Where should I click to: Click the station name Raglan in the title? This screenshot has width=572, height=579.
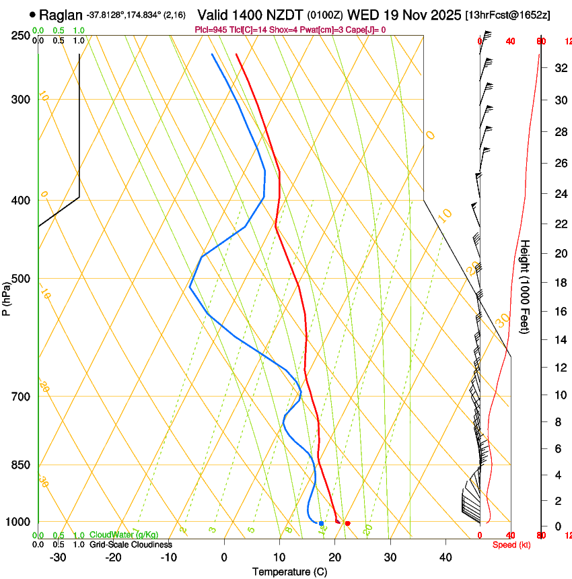click(61, 14)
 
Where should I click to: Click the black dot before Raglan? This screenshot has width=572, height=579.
click(32, 14)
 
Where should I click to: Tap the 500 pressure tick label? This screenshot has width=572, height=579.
click(21, 279)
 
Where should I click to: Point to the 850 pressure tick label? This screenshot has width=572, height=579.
click(21, 465)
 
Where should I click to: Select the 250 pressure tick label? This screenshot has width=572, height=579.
click(21, 36)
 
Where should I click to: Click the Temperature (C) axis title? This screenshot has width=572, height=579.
click(289, 572)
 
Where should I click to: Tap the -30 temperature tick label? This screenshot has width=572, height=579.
click(58, 557)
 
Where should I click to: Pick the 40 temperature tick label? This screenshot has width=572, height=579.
click(445, 557)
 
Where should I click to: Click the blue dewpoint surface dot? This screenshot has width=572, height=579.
click(321, 523)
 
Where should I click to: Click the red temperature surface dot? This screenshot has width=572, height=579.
click(348, 523)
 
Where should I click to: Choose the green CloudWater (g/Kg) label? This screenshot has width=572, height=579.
click(124, 535)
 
